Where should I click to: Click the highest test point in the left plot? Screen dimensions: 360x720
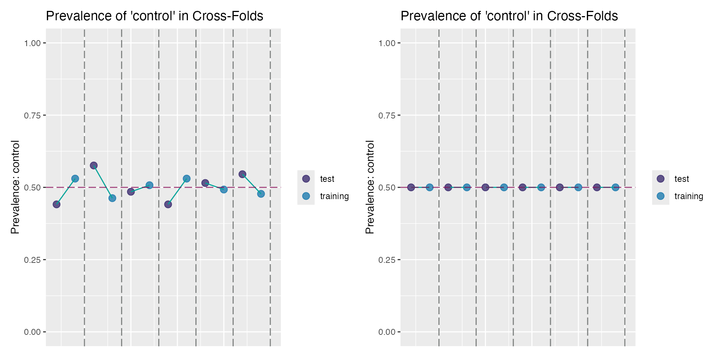(94, 165)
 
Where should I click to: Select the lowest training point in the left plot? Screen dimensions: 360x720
(112, 198)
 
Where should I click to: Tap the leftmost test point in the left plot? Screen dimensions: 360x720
(57, 204)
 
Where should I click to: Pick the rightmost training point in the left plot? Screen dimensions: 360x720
(261, 194)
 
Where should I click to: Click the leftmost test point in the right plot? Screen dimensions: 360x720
(411, 187)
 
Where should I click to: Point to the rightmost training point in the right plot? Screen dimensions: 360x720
(615, 187)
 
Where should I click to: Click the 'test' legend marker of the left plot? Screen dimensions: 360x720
(306, 179)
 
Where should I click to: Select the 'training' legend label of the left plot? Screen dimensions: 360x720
(334, 196)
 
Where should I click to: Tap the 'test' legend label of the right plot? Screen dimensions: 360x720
(681, 179)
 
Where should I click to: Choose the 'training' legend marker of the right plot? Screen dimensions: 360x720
(660, 196)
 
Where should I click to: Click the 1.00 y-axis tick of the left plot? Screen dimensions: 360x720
(32, 43)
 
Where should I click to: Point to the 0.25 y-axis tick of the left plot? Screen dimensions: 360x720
(32, 259)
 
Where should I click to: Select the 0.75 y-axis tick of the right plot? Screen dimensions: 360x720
(387, 115)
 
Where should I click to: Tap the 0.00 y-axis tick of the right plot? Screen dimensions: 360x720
(387, 332)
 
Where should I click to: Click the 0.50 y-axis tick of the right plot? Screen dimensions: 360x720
(387, 187)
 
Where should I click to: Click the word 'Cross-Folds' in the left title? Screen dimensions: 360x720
(228, 16)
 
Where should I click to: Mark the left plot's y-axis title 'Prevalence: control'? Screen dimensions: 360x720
(15, 187)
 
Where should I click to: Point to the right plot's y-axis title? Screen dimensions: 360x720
(370, 187)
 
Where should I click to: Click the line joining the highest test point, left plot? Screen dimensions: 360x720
(103, 182)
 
